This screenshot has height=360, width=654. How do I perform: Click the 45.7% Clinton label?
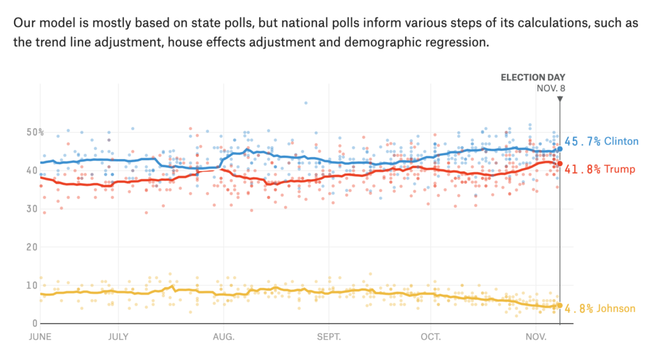(602, 141)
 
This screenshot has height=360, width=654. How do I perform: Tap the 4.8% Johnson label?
(600, 309)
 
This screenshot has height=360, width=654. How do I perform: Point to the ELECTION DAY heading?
(533, 77)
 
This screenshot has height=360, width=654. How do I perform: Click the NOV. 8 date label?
(551, 88)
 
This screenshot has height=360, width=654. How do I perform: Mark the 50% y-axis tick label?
(34, 132)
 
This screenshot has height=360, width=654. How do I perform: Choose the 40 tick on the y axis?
(31, 170)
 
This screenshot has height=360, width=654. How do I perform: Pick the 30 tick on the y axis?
(31, 209)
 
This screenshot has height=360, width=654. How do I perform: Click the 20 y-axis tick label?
(31, 247)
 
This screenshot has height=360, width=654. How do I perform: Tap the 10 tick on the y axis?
(31, 285)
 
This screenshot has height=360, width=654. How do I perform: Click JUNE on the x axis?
(40, 336)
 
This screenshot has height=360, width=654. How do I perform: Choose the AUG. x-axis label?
(224, 336)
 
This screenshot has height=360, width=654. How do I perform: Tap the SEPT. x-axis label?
(329, 336)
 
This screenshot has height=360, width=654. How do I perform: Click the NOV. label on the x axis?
(536, 336)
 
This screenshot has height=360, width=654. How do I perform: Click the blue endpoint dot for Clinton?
(559, 149)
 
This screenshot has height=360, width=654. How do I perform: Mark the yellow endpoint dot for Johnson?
(559, 306)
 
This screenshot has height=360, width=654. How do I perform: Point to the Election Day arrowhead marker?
(559, 99)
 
